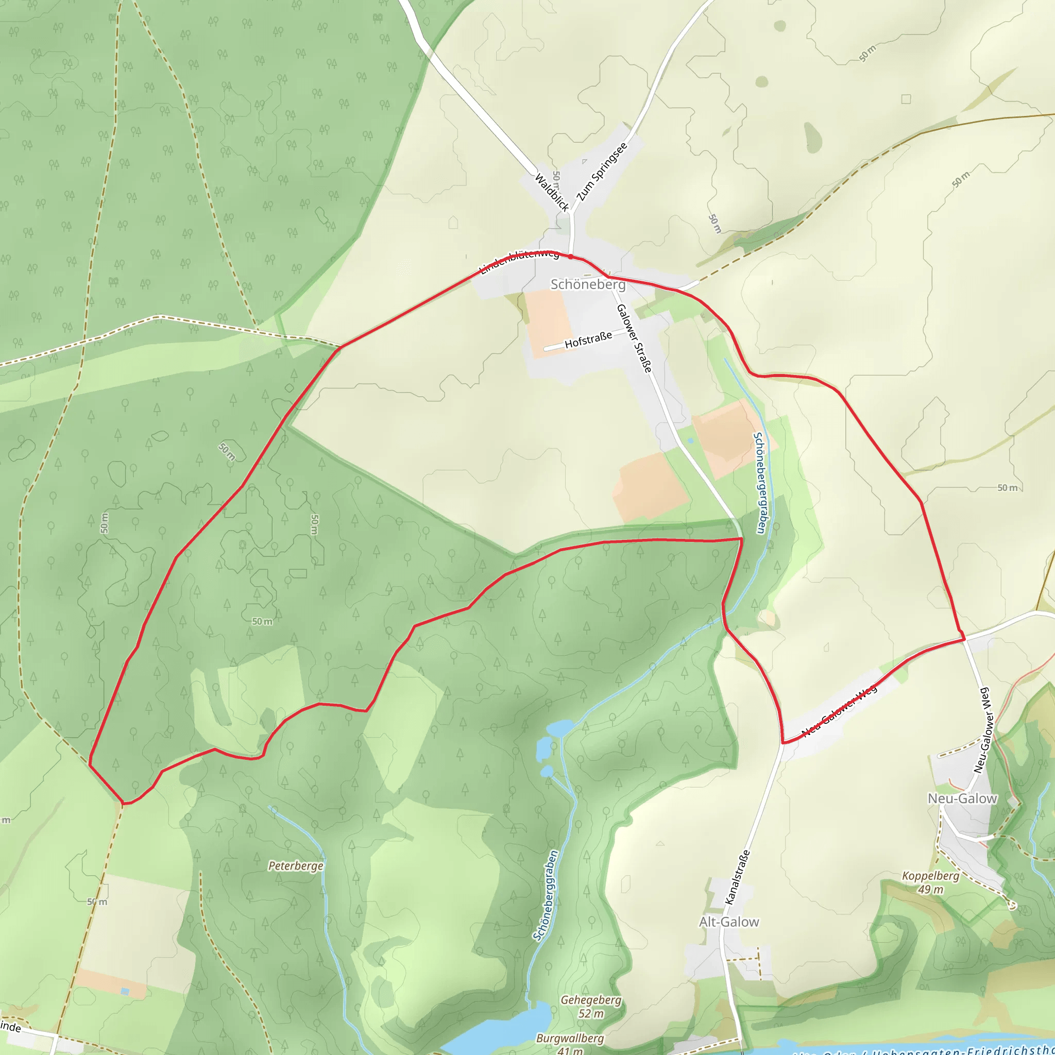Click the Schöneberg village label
[x=588, y=284]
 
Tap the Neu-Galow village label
[x=962, y=798]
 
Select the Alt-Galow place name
[x=729, y=922]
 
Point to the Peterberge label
[x=295, y=865]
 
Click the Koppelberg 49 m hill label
[x=930, y=882]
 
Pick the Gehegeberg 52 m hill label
[x=591, y=1007]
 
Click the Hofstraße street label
[x=588, y=340]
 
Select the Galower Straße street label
[x=634, y=338]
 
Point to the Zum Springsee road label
[x=602, y=172]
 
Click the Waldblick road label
[x=552, y=192]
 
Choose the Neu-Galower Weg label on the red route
[x=839, y=710]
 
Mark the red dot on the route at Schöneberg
[x=570, y=256]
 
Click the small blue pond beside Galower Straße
[x=691, y=440]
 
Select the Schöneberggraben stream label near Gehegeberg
[x=546, y=895]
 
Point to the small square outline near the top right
[x=906, y=99]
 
